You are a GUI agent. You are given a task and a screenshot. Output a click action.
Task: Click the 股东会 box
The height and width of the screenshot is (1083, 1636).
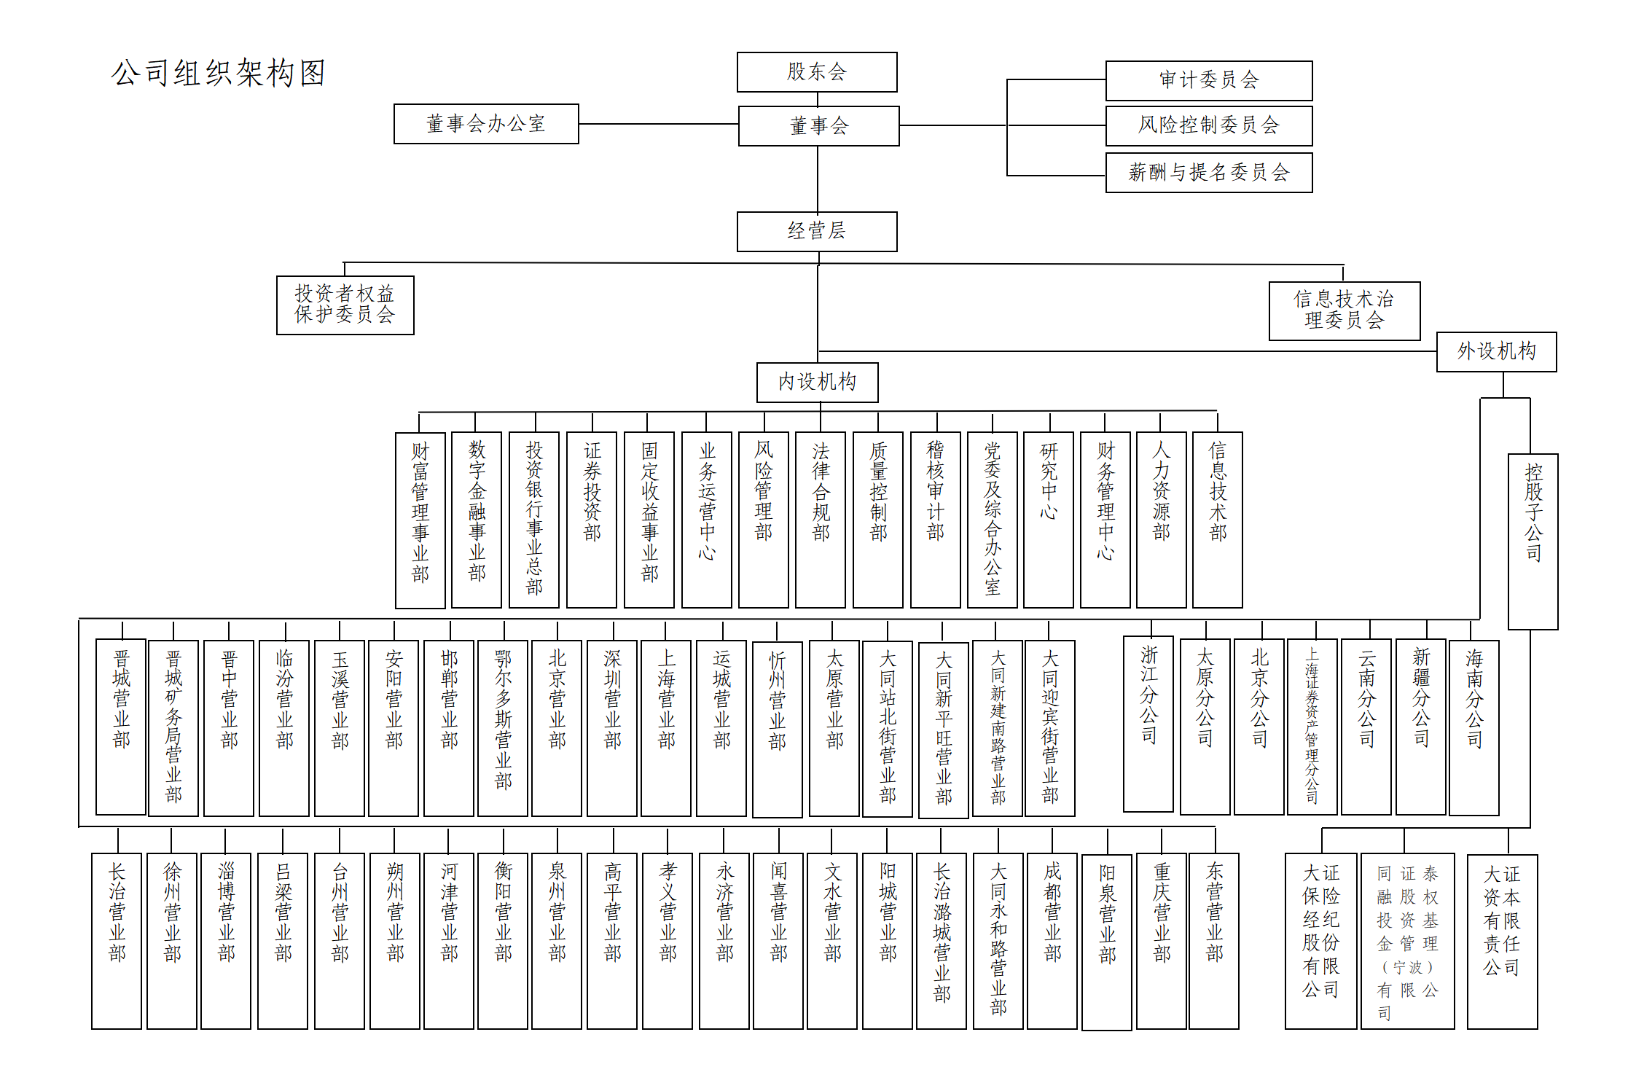(816, 72)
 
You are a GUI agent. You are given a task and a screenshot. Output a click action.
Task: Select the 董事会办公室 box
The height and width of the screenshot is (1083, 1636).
(486, 124)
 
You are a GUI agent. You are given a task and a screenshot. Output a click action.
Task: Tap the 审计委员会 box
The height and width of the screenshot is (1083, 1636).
(1208, 80)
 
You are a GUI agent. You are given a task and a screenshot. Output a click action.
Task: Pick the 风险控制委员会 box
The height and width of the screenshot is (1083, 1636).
(1208, 125)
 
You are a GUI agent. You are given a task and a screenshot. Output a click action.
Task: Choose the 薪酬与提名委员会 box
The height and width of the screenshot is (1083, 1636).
(1208, 173)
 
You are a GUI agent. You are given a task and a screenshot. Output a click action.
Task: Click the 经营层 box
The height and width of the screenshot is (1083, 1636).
(816, 232)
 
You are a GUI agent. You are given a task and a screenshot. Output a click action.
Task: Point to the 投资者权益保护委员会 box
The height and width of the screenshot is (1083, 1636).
(345, 305)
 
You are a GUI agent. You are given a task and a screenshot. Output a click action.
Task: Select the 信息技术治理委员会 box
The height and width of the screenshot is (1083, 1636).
(1344, 310)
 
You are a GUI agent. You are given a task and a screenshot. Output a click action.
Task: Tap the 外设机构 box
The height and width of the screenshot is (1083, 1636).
(1496, 352)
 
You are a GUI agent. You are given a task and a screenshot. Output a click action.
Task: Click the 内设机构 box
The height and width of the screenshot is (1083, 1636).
(817, 382)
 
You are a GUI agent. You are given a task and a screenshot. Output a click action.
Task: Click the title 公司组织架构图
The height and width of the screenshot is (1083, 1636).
(219, 73)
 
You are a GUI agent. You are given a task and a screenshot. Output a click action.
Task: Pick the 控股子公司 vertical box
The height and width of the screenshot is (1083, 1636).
(1533, 541)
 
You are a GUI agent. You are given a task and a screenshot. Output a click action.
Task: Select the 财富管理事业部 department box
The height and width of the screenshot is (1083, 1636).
(420, 520)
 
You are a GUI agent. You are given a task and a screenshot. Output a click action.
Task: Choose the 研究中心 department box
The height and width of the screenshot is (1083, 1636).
(1048, 520)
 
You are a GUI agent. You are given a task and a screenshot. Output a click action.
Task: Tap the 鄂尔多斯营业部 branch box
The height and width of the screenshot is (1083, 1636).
(503, 727)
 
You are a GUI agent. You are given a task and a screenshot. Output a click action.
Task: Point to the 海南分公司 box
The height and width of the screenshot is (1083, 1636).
(1473, 727)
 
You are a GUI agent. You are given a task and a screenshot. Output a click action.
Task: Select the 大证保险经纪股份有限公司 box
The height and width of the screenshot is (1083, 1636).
(1320, 940)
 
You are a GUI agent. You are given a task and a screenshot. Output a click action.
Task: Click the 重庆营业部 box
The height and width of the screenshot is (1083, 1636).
(1162, 940)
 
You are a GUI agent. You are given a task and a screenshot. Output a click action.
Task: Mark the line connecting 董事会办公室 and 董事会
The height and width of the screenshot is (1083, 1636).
(658, 124)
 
